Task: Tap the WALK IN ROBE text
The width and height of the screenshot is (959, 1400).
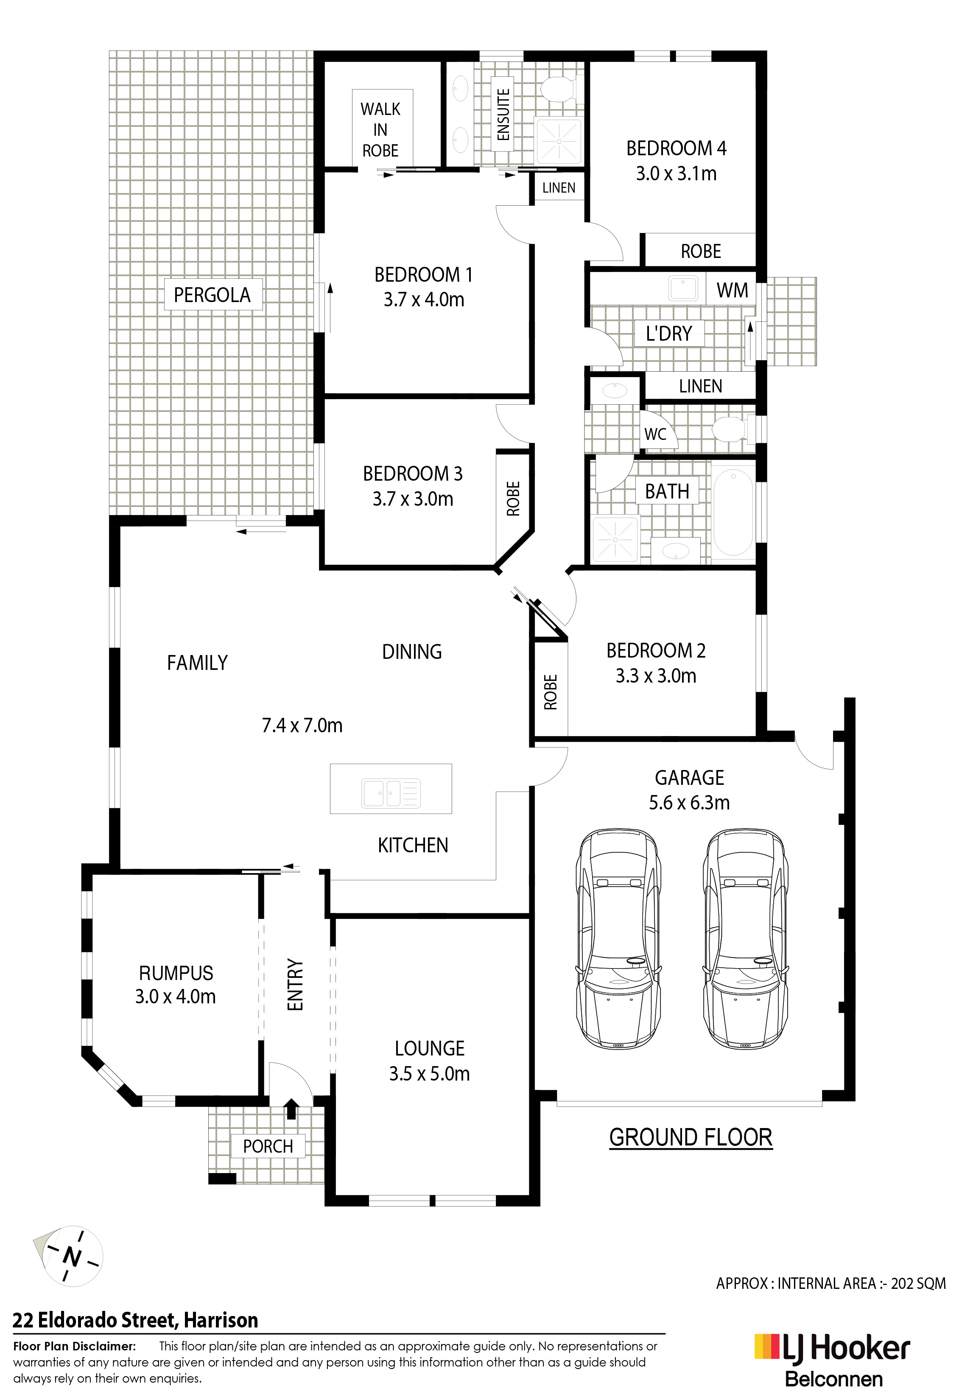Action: click(x=381, y=129)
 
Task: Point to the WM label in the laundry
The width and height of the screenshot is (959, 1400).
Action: click(x=733, y=290)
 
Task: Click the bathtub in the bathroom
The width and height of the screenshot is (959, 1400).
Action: click(x=733, y=514)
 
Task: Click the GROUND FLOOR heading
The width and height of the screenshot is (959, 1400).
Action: click(x=691, y=1137)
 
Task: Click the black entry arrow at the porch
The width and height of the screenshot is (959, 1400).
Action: click(x=291, y=1109)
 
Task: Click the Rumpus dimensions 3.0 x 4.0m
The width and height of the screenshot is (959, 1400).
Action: click(x=175, y=997)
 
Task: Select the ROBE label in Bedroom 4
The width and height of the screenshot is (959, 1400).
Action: click(x=701, y=251)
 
